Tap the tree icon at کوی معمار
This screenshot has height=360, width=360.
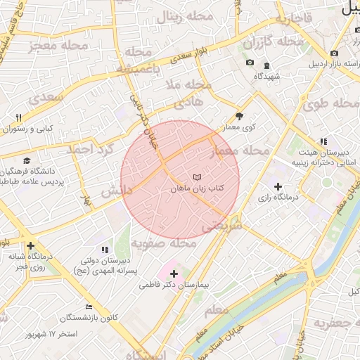[x=239, y=117]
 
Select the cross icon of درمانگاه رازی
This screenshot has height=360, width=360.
[x=278, y=187]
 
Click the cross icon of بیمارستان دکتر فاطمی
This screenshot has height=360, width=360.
[x=174, y=273]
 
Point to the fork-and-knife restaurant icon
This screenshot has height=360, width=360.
[x=19, y=117]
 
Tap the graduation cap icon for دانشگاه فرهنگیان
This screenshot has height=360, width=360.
[x=27, y=161]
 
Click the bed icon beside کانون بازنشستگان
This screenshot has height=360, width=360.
[x=88, y=307]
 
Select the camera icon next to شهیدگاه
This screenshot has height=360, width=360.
[x=250, y=63]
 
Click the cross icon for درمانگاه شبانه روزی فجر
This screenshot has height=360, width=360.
[x=30, y=246]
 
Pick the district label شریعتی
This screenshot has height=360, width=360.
[x=221, y=226]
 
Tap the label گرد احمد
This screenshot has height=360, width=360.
[x=90, y=150]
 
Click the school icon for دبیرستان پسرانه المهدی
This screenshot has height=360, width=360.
[x=105, y=250]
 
